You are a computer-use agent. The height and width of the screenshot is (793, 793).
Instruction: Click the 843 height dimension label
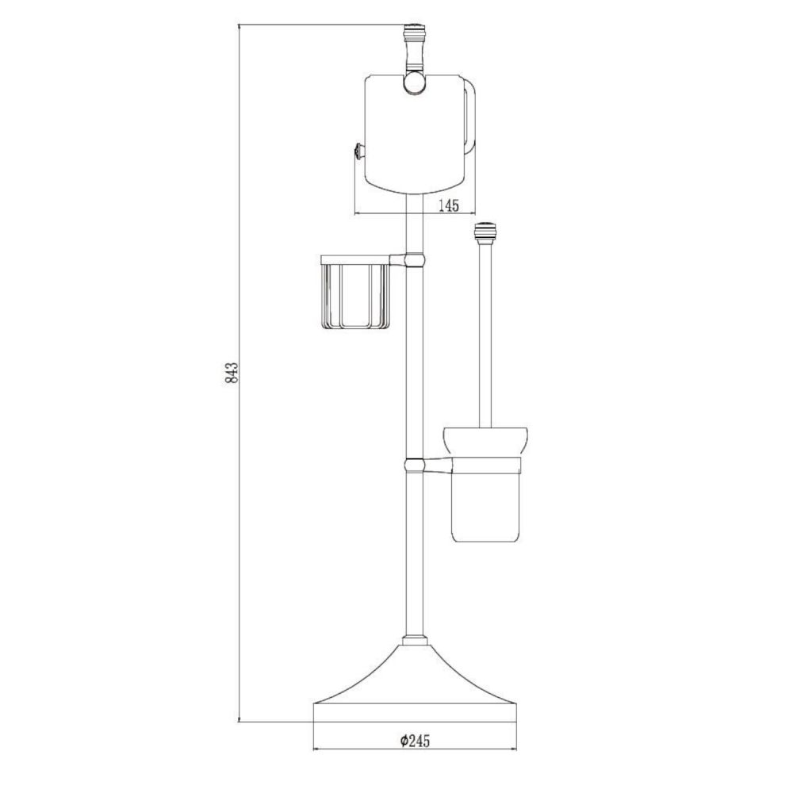(x=232, y=373)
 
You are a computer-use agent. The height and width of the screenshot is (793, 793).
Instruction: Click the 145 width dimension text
(x=448, y=205)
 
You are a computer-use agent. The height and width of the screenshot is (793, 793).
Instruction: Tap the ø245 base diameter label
(x=415, y=741)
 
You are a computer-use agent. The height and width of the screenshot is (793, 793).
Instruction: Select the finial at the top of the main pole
(x=413, y=36)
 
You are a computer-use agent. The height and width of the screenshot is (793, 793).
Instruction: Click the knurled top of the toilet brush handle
(x=485, y=232)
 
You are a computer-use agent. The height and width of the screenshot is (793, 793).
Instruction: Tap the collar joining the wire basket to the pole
(x=413, y=259)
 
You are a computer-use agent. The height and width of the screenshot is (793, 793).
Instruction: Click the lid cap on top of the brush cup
(x=485, y=442)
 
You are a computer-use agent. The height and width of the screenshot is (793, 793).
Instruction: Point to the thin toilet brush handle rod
(x=485, y=333)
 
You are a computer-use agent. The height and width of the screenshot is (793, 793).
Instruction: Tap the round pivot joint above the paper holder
(x=414, y=82)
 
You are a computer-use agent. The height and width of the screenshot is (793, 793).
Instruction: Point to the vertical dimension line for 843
(x=239, y=476)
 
